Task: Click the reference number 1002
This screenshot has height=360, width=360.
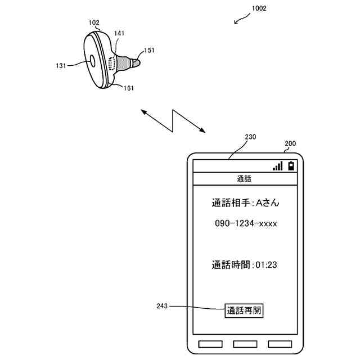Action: point(259,8)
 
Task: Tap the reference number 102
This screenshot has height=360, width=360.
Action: point(94,23)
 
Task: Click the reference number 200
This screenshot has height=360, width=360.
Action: point(290,143)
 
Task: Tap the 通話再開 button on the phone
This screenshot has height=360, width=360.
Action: point(244,310)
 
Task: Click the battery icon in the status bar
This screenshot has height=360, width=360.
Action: point(291,166)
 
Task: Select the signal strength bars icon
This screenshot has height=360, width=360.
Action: point(277,166)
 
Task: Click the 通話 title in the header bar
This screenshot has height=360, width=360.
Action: point(244,179)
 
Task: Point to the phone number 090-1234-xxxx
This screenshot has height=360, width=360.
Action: point(246,223)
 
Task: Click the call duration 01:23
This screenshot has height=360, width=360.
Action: point(267,264)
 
